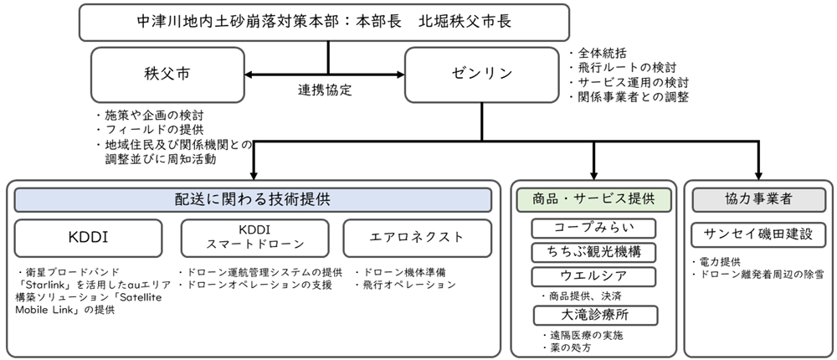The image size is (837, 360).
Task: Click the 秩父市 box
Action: point(167,75)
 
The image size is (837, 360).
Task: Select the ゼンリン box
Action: point(482,75)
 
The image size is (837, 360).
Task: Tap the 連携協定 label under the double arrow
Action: point(325,90)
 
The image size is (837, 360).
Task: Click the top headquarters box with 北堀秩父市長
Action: point(325,23)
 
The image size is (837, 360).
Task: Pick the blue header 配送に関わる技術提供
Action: point(253,200)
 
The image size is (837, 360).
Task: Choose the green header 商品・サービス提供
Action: point(593,200)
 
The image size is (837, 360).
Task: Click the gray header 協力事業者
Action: point(758,200)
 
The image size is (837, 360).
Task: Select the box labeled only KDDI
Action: point(88,238)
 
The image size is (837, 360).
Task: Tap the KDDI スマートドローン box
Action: point(255,238)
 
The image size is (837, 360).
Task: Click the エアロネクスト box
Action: point(418,238)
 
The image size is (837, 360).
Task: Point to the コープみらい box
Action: point(593,228)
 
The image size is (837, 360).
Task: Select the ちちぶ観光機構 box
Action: point(593,253)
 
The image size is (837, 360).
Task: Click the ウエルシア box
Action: point(593,276)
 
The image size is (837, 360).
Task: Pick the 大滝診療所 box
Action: point(596,315)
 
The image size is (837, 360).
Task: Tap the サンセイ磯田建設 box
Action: point(758,234)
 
